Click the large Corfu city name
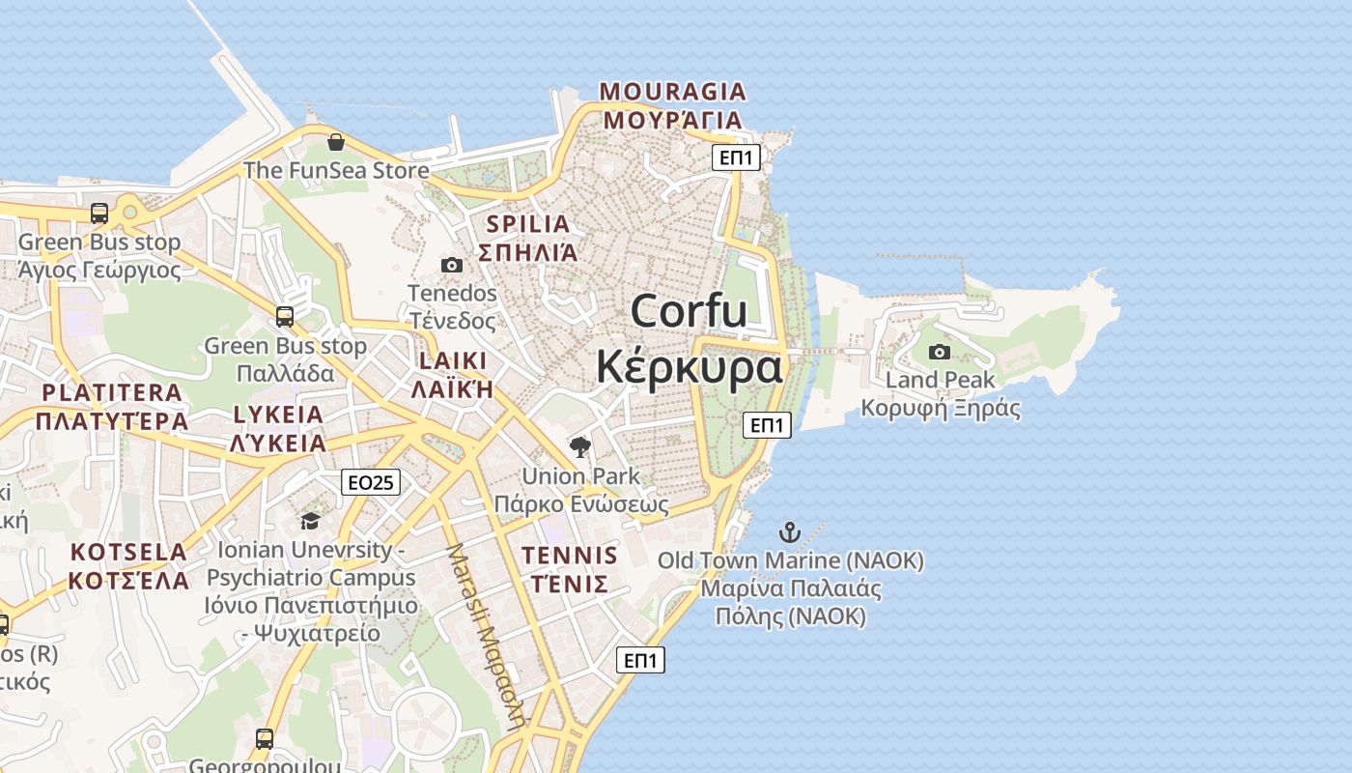click(689, 339)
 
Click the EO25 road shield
click(371, 482)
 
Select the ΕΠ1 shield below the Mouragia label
click(736, 157)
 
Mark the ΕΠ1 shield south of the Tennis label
click(641, 660)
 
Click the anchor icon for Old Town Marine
click(790, 532)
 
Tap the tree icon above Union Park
click(580, 446)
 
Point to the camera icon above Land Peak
click(939, 352)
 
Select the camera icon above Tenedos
click(451, 265)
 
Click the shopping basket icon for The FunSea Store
click(335, 142)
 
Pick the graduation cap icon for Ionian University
click(310, 522)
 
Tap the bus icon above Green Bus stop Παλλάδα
click(285, 317)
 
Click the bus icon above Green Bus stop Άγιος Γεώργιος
click(99, 214)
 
